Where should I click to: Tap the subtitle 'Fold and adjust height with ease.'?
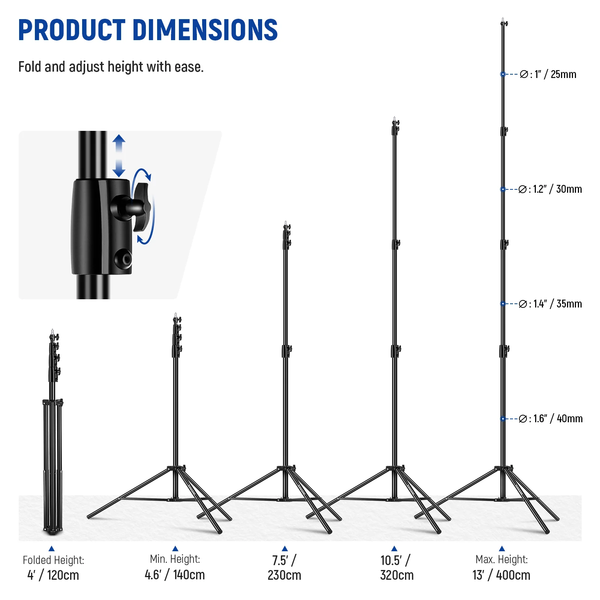(x=111, y=67)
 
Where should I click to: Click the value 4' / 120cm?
(x=53, y=575)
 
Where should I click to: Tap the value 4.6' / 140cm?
(x=175, y=574)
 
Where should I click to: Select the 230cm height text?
(x=284, y=575)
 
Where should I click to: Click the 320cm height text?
(x=397, y=575)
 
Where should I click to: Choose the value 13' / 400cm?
(x=501, y=575)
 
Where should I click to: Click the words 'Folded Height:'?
(x=53, y=560)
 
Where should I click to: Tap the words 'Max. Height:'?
(x=501, y=559)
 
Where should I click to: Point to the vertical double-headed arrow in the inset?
(x=119, y=156)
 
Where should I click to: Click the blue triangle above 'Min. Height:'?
(x=175, y=549)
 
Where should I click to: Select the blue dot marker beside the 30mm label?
(x=503, y=189)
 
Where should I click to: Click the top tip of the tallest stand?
(x=503, y=19)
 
